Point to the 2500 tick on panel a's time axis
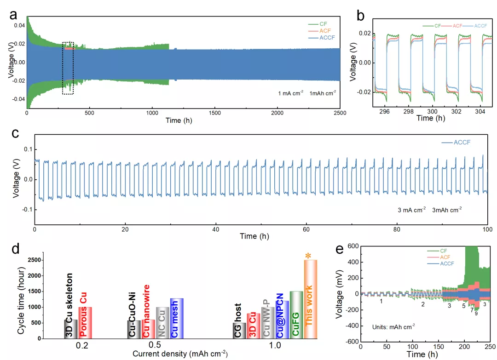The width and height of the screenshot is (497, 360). pyautogui.click(x=340, y=113)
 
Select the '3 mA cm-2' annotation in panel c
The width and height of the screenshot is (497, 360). pyautogui.click(x=411, y=210)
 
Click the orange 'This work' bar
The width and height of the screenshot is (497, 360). pyautogui.click(x=310, y=299)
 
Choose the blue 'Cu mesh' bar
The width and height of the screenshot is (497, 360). pyautogui.click(x=177, y=318)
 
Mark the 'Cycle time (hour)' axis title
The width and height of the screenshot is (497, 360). pyautogui.click(x=21, y=297)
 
